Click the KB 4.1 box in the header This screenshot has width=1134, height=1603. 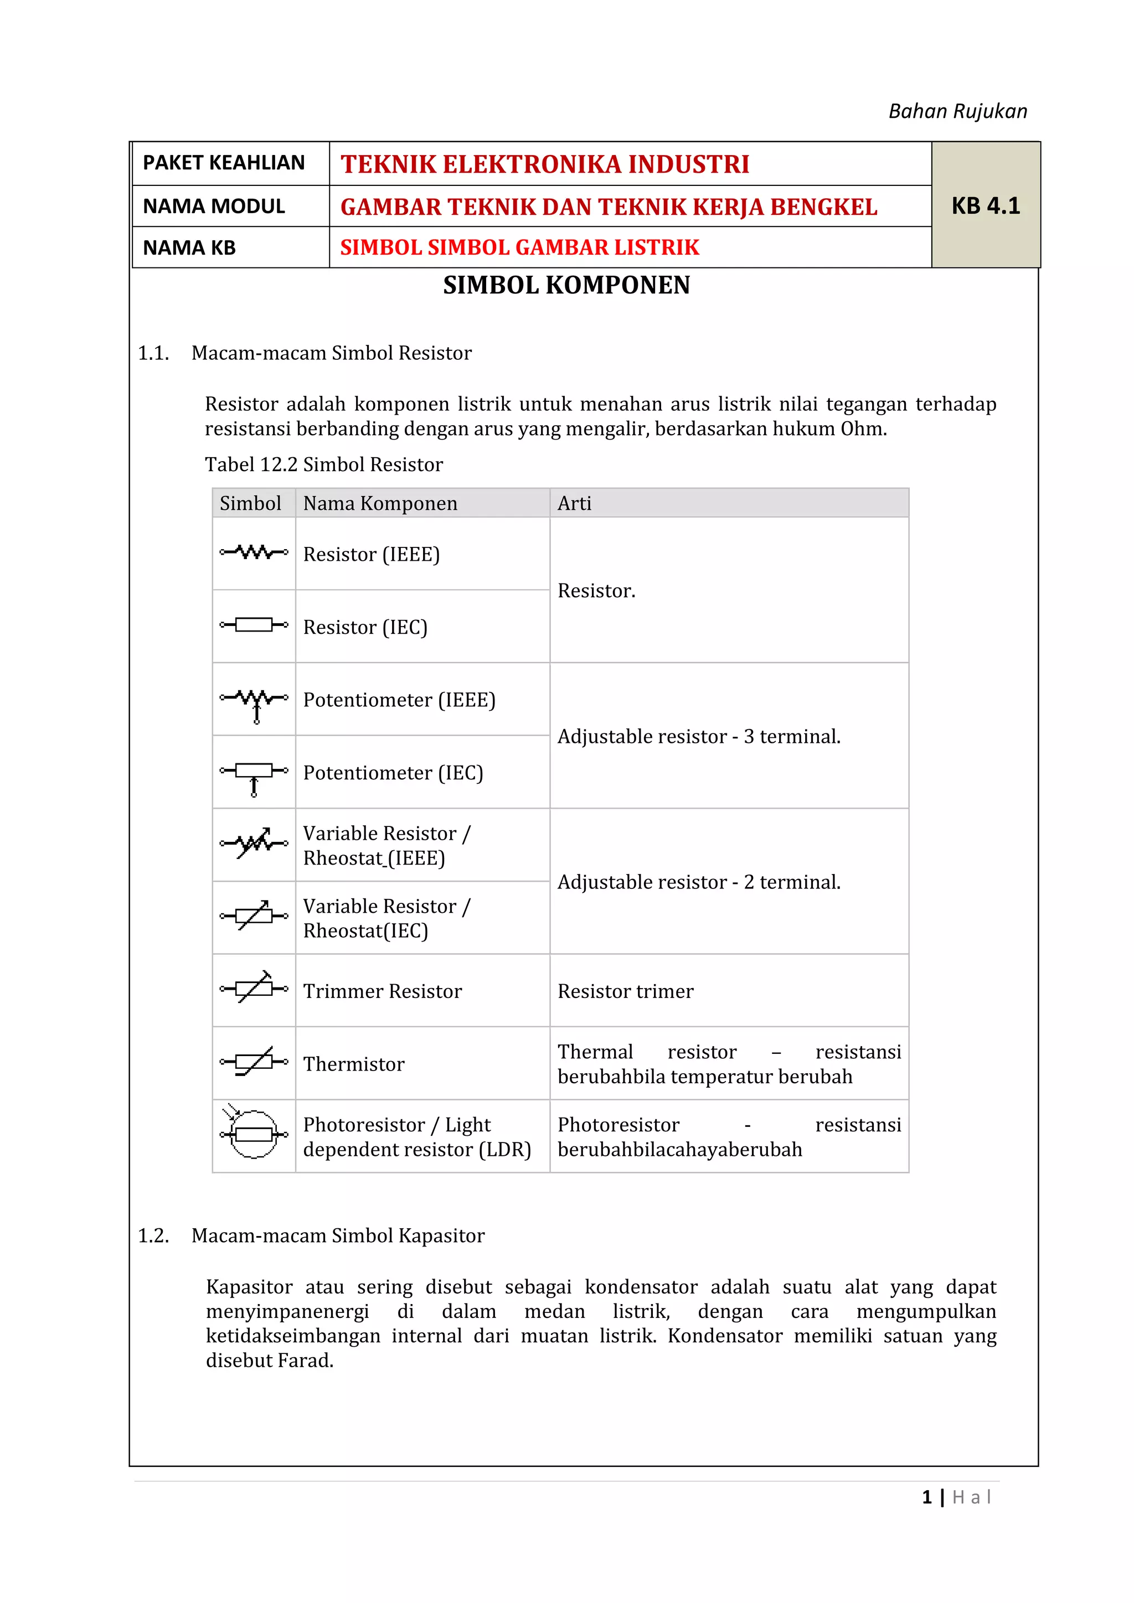click(984, 205)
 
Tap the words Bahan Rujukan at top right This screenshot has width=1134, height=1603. click(957, 111)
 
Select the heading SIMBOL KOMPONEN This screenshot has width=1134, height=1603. click(566, 285)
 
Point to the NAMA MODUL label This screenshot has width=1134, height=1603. click(214, 206)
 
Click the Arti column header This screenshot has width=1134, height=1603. click(574, 503)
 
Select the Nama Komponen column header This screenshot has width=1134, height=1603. click(380, 503)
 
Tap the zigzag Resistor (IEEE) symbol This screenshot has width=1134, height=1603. click(254, 553)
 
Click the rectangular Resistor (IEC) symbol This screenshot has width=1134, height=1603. click(254, 625)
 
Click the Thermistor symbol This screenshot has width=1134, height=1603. click(254, 1062)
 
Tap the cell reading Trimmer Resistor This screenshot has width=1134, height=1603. click(382, 991)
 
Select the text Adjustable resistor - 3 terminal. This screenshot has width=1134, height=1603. click(698, 737)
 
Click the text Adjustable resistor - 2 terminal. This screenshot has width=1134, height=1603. click(698, 882)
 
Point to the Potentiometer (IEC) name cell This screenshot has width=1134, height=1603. click(393, 773)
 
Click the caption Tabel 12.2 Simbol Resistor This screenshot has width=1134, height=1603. click(323, 465)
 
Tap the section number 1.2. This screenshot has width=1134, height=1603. click(153, 1236)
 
